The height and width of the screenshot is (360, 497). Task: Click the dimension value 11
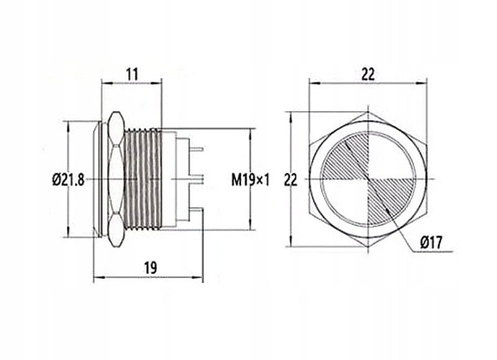[x=132, y=74]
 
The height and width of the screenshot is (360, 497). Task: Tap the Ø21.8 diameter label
[x=68, y=180]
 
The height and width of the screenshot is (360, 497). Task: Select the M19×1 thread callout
[x=251, y=181]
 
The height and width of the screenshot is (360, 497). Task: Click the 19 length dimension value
[x=150, y=268]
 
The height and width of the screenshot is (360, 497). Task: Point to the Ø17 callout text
[x=431, y=243]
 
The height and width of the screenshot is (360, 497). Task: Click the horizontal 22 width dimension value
[x=368, y=74]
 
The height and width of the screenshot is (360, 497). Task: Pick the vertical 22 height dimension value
[x=291, y=180]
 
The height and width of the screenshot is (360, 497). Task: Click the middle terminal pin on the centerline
[x=197, y=179]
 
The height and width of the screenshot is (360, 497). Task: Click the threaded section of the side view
[x=144, y=179]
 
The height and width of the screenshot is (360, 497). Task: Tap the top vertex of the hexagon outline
[x=368, y=112]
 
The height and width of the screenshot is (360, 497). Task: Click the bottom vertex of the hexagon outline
[x=368, y=247]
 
